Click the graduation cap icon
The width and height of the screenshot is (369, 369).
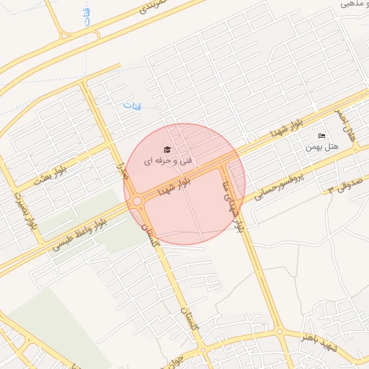[x=167, y=149]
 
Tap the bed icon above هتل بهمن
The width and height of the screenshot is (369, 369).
[x=321, y=136]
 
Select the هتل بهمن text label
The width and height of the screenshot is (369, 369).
[x=321, y=147]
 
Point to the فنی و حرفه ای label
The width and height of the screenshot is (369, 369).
[x=159, y=161]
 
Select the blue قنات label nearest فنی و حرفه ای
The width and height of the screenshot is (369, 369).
[x=132, y=107]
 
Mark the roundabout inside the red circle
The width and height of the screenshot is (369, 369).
[x=136, y=201]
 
